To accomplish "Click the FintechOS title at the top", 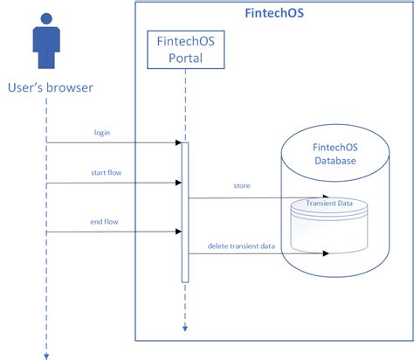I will [x=273, y=14].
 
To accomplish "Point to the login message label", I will [x=102, y=132].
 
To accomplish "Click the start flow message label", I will [x=105, y=173].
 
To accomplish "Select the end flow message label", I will [x=104, y=221].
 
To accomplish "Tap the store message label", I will [x=242, y=186].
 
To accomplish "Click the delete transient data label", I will [x=242, y=246].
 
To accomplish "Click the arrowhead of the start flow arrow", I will [x=176, y=183].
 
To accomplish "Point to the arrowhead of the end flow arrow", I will [x=176, y=232].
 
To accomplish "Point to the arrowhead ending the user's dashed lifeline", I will [x=46, y=354].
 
